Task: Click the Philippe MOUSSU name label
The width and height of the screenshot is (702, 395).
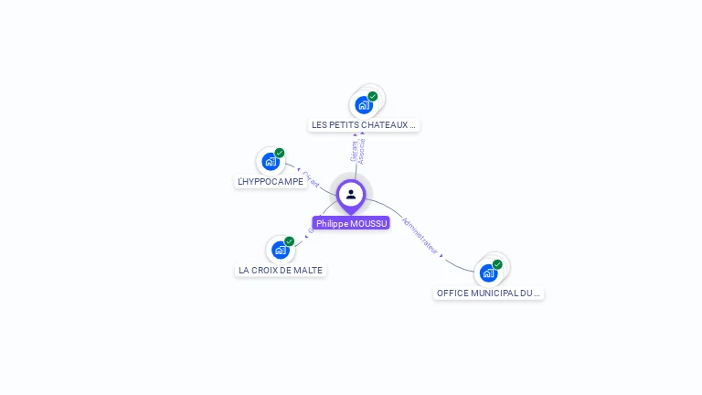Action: [x=351, y=223]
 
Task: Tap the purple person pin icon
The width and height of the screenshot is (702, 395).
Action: [x=351, y=195]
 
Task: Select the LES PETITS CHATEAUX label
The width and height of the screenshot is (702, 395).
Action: [x=364, y=124]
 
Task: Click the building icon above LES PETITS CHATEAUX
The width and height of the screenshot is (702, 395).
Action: [x=364, y=105]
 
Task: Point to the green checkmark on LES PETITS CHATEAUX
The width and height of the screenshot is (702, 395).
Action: [x=373, y=96]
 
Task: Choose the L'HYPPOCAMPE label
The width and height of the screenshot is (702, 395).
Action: [x=270, y=182]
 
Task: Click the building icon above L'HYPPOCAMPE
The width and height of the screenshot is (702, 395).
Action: [x=270, y=162]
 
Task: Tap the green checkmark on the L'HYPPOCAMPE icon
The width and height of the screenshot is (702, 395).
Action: [x=280, y=153]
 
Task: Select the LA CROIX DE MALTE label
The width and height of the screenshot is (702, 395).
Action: [x=280, y=270]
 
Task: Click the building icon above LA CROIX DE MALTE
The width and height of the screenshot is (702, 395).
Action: [x=280, y=251]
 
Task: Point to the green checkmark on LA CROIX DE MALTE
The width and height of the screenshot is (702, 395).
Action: [x=290, y=241]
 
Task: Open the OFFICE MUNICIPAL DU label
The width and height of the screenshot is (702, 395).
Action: [x=489, y=294]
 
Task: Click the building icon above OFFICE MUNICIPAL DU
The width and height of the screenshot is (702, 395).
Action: [x=488, y=272]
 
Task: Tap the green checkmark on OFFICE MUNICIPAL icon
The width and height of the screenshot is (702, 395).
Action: [x=498, y=264]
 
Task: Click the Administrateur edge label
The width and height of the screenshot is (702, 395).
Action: [x=421, y=236]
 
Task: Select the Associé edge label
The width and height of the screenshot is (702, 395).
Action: [x=363, y=151]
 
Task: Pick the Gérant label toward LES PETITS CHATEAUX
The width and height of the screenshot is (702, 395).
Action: [x=354, y=152]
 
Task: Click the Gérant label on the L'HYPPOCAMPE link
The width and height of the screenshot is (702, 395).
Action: [x=311, y=179]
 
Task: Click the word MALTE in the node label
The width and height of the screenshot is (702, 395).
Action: [x=309, y=270]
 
